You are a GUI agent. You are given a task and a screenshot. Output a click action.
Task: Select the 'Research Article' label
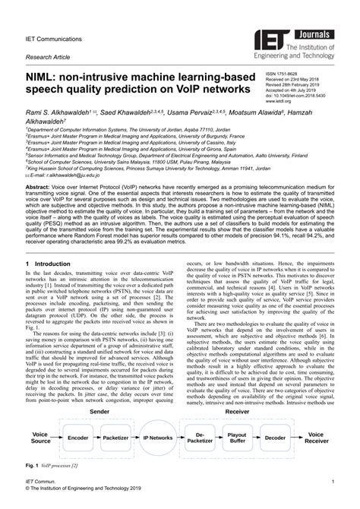coord(46,57)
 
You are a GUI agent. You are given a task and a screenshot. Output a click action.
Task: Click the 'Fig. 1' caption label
coord(31,465)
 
